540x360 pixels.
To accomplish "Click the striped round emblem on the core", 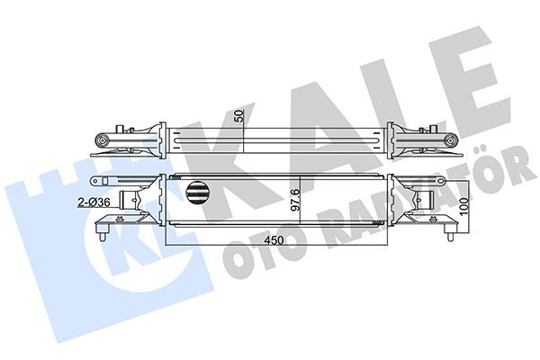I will point(199,190).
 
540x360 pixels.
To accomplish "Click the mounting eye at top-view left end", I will point(103,141).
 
